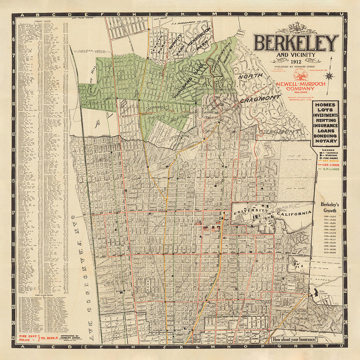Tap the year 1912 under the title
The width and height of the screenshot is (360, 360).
[296, 61]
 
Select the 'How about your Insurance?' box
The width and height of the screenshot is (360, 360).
[295, 340]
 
